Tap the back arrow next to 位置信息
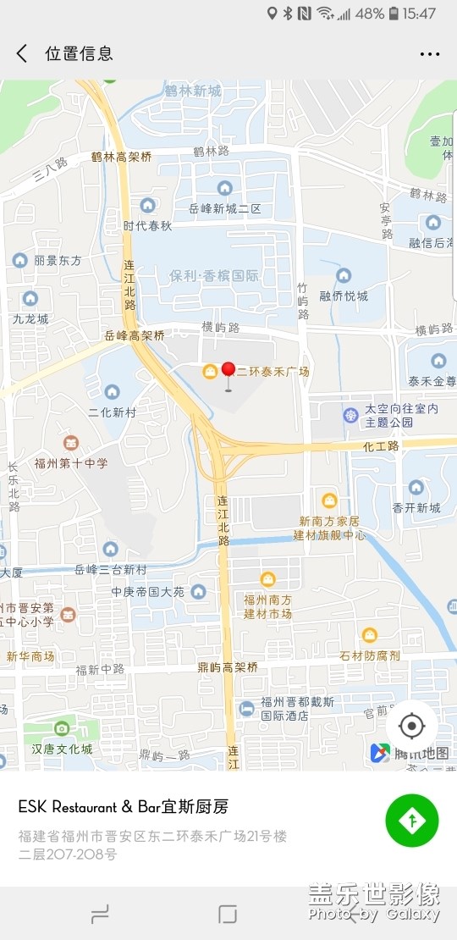[x=22, y=53]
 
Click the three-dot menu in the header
[x=430, y=54]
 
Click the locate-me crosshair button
[x=412, y=726]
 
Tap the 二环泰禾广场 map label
[x=272, y=371]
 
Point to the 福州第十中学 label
[x=71, y=463]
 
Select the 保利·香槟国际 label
[x=214, y=276]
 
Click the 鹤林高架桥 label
[x=122, y=157]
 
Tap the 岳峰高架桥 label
[x=135, y=335]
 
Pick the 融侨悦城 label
[x=344, y=296]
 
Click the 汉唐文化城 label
[x=62, y=749]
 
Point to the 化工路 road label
[x=380, y=445]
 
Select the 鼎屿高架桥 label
[x=228, y=667]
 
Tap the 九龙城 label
[x=30, y=319]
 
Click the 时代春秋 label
[x=147, y=225]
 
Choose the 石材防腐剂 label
[x=370, y=655]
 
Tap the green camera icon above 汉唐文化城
[x=61, y=728]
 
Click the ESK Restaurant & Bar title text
[x=124, y=806]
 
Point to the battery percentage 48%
[x=370, y=14]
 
